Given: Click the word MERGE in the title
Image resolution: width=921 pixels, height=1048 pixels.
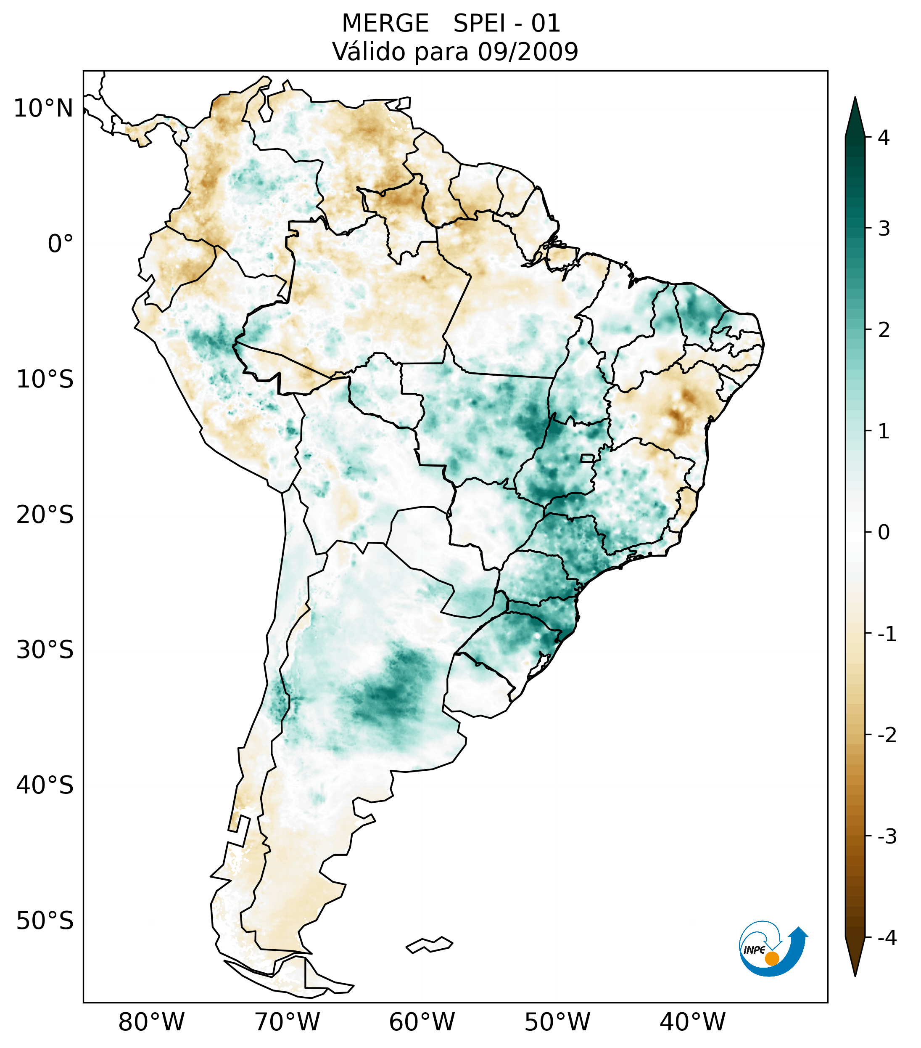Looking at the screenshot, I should click(385, 24).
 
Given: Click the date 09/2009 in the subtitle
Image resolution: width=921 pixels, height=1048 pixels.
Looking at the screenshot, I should click(528, 52).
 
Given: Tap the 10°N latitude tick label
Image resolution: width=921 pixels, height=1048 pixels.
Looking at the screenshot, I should click(44, 109).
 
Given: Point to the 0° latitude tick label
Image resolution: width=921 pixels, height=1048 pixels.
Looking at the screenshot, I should click(61, 244).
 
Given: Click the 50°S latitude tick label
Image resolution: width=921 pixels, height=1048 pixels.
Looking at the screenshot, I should click(45, 921).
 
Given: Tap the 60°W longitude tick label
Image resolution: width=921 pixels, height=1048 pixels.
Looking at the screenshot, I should click(422, 1022).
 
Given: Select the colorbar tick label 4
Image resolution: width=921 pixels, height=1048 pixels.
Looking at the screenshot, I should click(884, 138).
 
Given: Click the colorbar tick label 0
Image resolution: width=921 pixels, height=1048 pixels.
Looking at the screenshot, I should click(884, 533).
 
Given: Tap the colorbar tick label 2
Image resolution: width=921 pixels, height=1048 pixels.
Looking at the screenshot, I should click(884, 330).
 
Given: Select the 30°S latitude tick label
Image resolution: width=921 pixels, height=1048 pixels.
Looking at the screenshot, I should click(45, 650).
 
